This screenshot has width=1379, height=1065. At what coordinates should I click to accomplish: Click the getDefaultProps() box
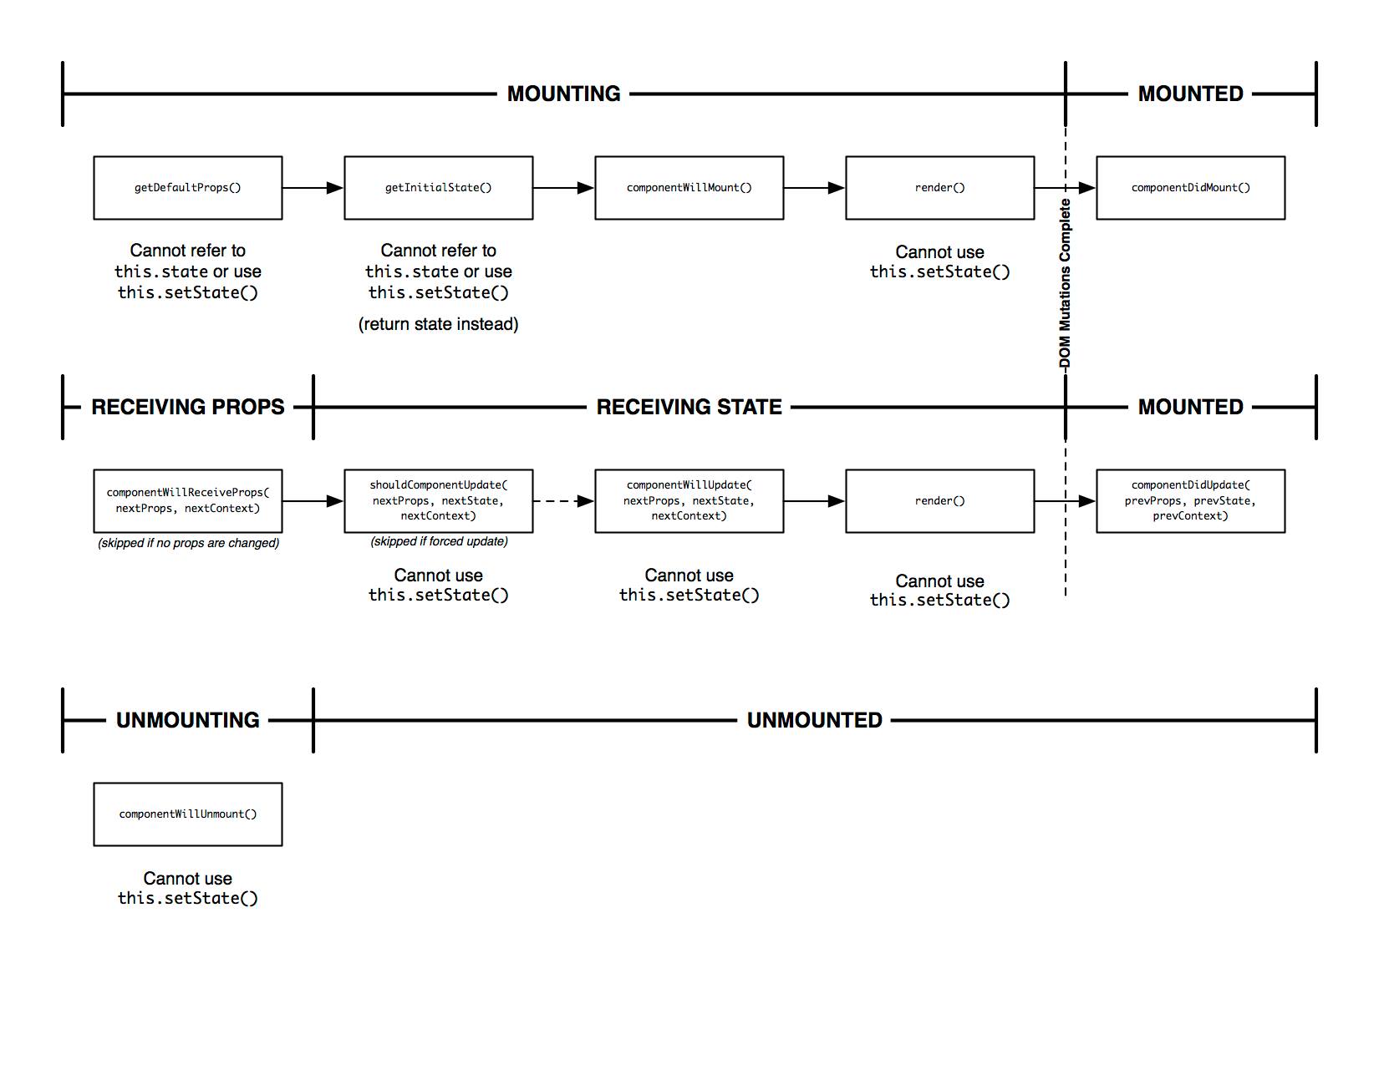[187, 188]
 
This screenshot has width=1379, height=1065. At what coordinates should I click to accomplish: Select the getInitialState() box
[438, 188]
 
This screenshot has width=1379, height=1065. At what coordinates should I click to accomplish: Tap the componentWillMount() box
[689, 188]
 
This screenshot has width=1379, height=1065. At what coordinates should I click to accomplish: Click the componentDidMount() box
[1190, 188]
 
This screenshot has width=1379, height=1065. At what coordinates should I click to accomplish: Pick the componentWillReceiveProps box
[187, 501]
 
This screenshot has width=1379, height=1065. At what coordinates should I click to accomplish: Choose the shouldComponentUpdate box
[438, 501]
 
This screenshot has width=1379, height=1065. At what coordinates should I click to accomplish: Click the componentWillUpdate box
[689, 501]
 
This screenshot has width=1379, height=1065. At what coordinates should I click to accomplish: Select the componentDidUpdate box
[1190, 501]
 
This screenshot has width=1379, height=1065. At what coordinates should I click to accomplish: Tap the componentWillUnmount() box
[187, 814]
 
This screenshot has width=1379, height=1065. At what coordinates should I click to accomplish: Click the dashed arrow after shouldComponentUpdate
[563, 501]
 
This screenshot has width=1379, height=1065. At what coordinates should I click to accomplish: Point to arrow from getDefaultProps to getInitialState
[313, 188]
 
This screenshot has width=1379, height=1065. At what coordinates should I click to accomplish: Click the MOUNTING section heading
[563, 94]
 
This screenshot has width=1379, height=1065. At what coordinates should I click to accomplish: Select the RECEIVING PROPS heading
[187, 407]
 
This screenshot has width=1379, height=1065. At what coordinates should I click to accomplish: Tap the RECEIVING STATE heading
[689, 407]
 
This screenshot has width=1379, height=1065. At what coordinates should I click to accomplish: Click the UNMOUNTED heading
[814, 720]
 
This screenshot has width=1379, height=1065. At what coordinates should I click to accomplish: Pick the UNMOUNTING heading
[187, 720]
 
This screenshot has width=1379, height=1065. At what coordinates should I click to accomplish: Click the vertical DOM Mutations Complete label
[1065, 284]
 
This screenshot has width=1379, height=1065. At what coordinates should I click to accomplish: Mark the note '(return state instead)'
[438, 324]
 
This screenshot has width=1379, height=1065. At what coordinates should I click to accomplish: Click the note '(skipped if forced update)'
[439, 541]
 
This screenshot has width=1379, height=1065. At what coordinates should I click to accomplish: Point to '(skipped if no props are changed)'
[188, 543]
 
